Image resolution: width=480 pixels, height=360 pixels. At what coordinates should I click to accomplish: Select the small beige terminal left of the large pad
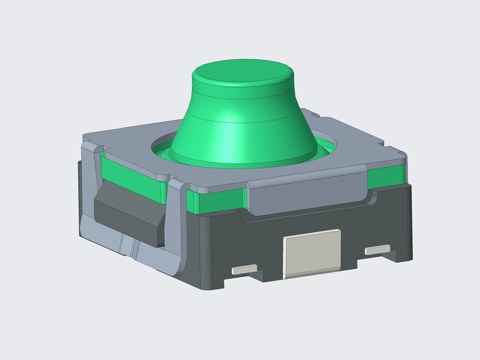(x=244, y=269)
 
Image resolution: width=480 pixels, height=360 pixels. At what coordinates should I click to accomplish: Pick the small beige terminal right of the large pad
(x=377, y=248)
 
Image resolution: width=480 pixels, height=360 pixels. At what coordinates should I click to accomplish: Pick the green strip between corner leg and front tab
(x=216, y=201)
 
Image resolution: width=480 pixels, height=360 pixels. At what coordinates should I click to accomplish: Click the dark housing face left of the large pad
(x=240, y=240)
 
